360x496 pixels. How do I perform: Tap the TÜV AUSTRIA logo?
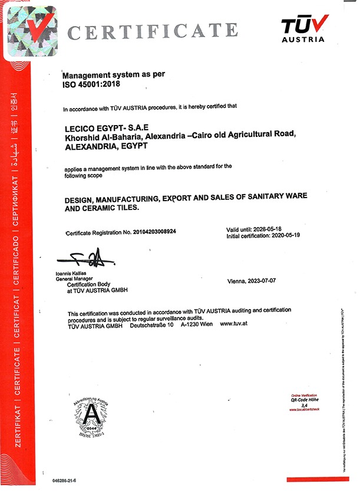tap(304, 28)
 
